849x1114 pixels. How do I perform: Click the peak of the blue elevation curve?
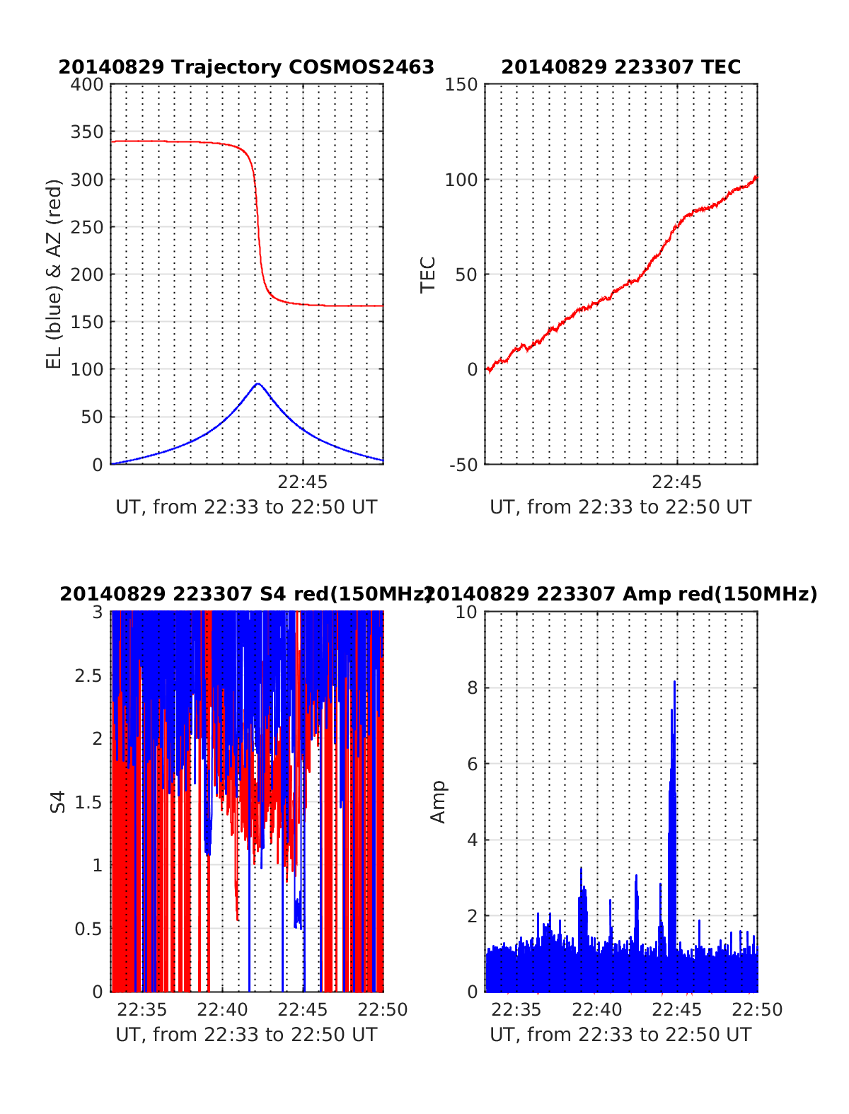point(258,384)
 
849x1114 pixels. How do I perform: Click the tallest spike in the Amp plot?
point(674,682)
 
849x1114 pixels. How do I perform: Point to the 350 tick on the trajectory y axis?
point(87,132)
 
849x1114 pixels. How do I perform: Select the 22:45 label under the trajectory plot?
point(302,482)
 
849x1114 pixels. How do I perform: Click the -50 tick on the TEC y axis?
point(463,465)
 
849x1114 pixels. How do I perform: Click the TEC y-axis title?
point(428,274)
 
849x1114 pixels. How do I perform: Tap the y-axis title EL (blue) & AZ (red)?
point(54,274)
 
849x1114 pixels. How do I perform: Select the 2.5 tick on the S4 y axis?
point(88,675)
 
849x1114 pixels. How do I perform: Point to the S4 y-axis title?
point(58,802)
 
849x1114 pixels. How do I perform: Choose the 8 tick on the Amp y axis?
point(473,688)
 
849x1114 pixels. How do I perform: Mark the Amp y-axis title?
point(439,802)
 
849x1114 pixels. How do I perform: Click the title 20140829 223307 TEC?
point(620,67)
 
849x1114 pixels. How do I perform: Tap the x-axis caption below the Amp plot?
point(620,1035)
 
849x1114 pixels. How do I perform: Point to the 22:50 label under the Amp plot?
point(758,1010)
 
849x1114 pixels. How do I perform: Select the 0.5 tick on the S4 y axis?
point(88,929)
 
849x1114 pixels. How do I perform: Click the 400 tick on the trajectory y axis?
point(87,85)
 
